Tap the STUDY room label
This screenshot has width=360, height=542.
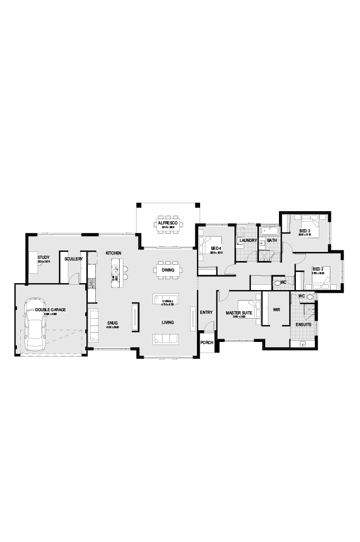click(43, 258)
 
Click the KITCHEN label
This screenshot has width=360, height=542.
click(114, 253)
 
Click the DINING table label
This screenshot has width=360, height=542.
click(168, 270)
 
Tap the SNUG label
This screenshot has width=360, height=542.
click(113, 322)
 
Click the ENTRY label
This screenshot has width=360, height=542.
click(206, 312)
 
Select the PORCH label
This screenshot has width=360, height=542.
click(206, 342)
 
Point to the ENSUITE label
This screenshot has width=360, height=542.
click(303, 324)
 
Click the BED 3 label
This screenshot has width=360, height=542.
click(304, 231)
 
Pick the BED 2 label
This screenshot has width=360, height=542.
click(318, 269)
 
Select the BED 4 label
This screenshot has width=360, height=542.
click(215, 248)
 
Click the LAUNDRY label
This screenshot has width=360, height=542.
click(248, 241)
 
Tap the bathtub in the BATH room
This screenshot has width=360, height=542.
click(270, 231)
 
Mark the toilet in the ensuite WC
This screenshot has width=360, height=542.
click(311, 297)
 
